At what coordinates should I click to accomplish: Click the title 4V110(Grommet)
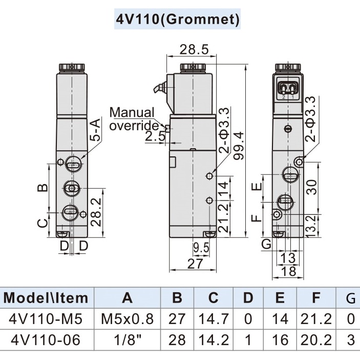[178, 19]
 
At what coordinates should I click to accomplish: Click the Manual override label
[132, 119]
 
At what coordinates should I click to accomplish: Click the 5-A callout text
[95, 131]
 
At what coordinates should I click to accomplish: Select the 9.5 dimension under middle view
[201, 248]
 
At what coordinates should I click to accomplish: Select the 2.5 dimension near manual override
[155, 136]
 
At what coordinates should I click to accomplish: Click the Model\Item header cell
[46, 297]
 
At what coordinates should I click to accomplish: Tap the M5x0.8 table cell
[127, 319]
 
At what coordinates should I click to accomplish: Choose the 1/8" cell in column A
[127, 339]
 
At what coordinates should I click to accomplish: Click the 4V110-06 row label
[46, 339]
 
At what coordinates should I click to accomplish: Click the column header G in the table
[350, 297]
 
